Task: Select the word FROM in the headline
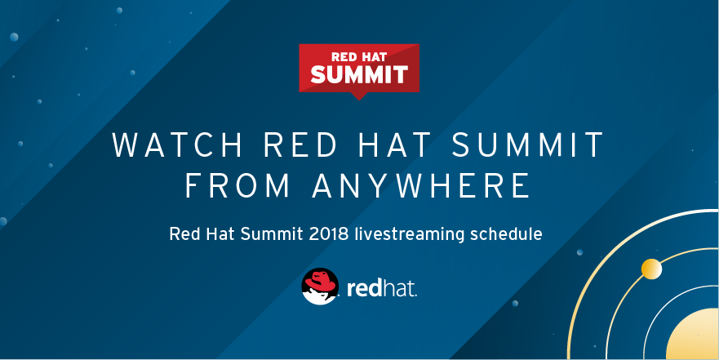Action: point(238,185)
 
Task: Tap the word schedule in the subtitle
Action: point(508,234)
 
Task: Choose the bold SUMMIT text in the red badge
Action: point(359,75)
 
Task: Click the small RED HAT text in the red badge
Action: point(359,57)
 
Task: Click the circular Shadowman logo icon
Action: point(321,287)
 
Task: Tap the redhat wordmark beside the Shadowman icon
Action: point(382,289)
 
